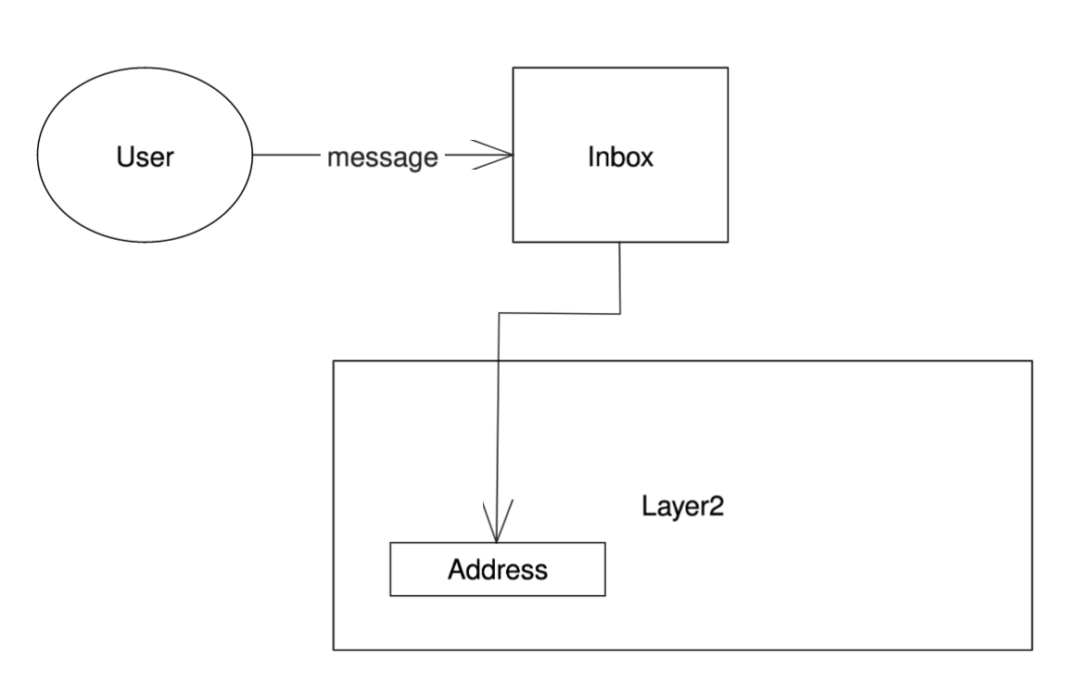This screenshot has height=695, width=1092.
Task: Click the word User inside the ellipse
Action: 145,157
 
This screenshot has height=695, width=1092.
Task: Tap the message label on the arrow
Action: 382,158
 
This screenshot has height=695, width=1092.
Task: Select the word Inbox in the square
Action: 620,157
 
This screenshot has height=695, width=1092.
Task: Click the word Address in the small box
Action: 498,569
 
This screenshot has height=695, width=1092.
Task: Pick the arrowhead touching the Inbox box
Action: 501,157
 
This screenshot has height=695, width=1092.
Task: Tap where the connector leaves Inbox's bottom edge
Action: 619,243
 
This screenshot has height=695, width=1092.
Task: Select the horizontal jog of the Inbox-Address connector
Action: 559,313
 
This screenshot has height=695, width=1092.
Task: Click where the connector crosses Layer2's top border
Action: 499,361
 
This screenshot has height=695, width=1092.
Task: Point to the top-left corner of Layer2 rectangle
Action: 334,361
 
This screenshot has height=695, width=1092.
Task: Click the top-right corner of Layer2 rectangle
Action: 1032,361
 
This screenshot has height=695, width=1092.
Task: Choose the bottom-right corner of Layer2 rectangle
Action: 1032,650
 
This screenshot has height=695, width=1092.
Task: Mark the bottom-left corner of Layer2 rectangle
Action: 334,650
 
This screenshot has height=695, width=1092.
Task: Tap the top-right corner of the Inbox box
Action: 728,68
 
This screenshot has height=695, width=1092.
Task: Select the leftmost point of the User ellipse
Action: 36,157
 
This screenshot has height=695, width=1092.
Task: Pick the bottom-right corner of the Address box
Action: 605,595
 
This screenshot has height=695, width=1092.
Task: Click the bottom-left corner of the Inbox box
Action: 514,243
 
